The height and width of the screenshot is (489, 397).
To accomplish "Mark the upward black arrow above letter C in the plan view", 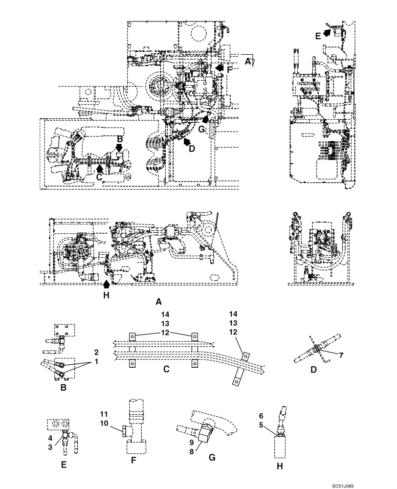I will [x=100, y=168].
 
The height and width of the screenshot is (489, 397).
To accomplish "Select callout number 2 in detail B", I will [x=96, y=352].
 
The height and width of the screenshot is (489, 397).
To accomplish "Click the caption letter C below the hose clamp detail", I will [x=166, y=370].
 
